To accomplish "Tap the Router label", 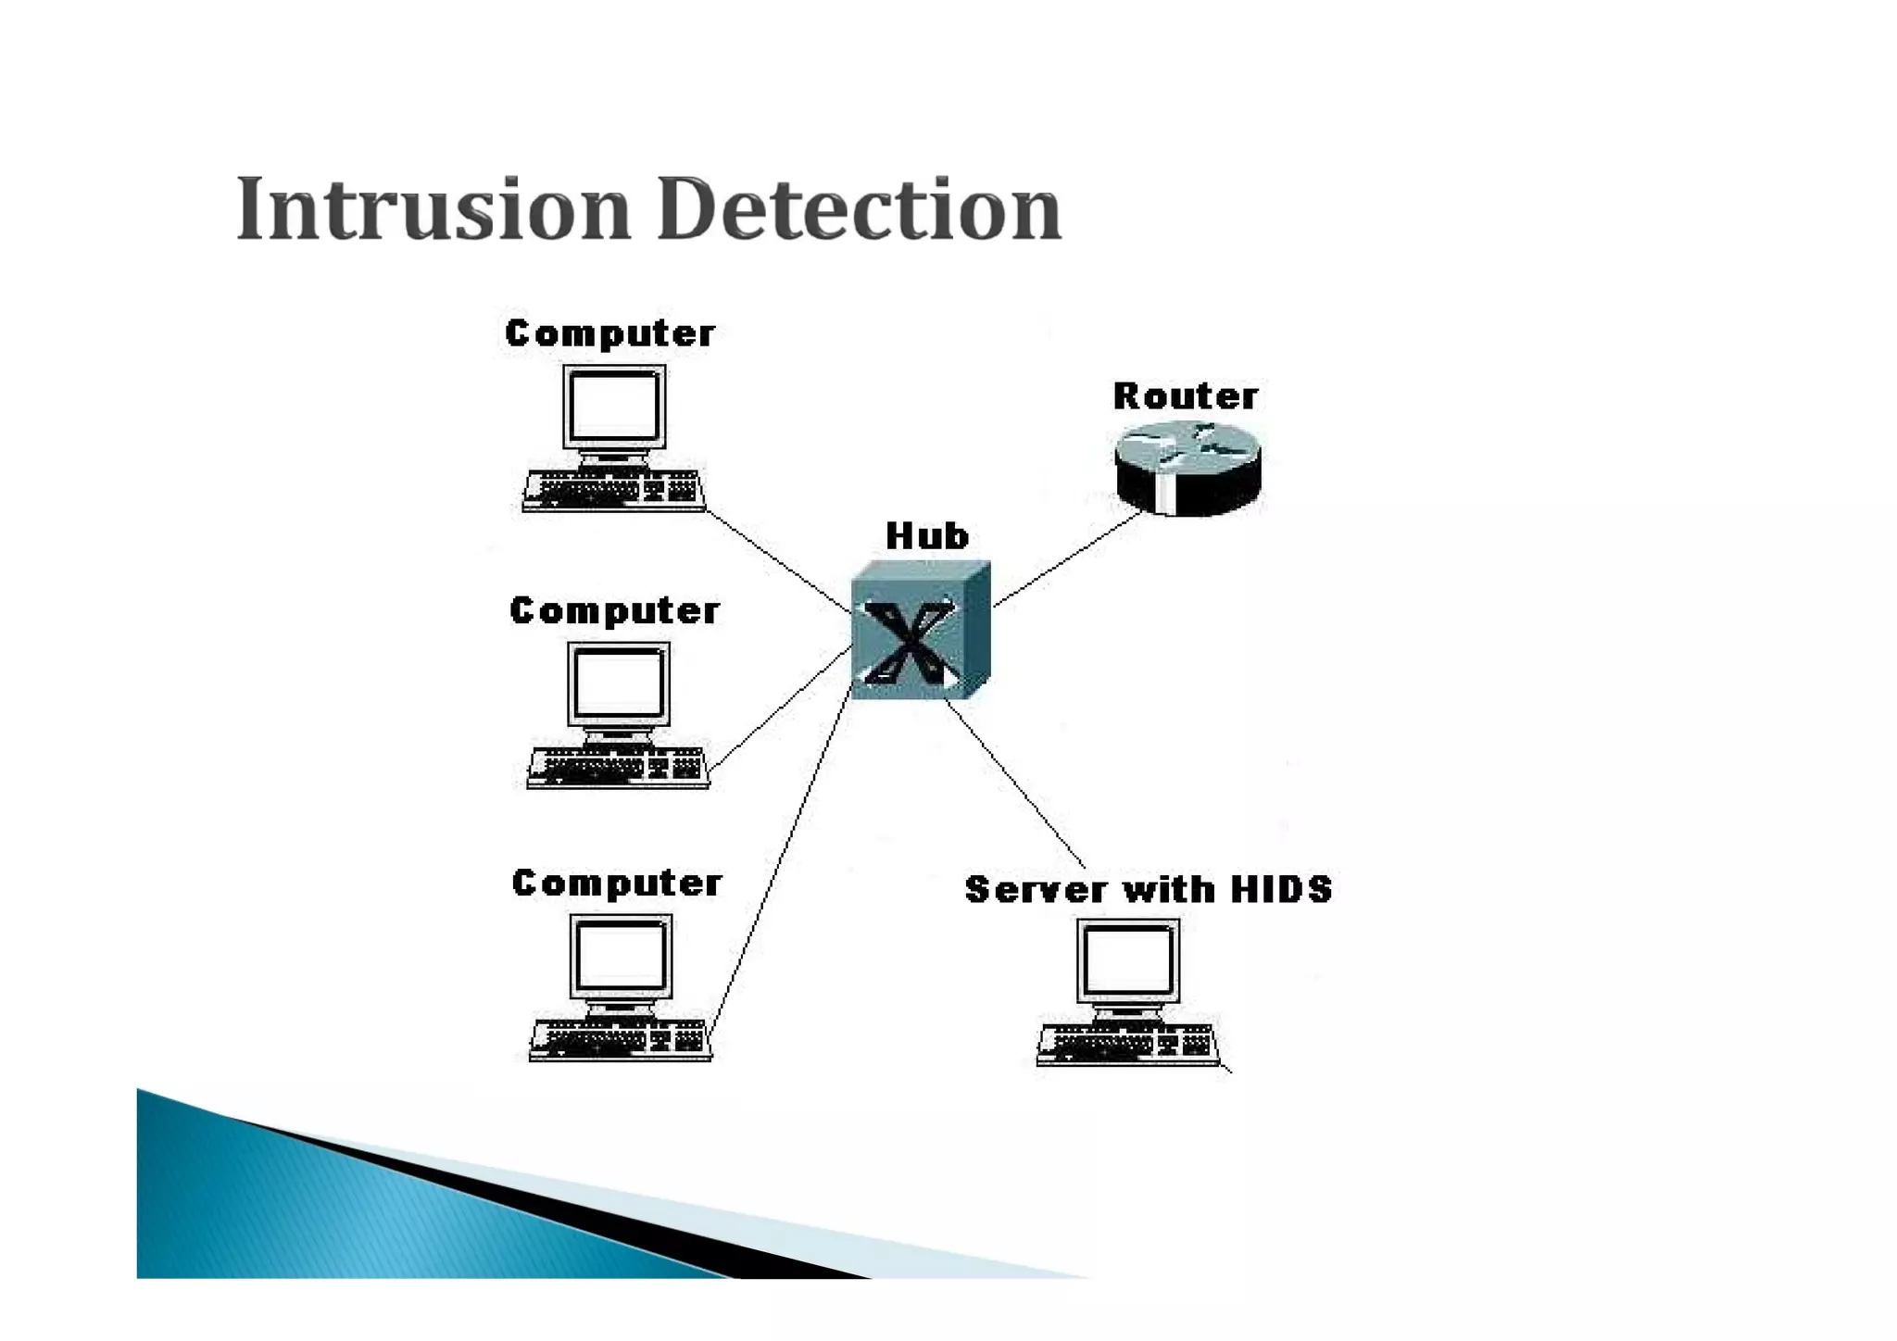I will pos(1185,396).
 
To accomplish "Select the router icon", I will pos(1187,468).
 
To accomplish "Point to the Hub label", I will pos(926,536).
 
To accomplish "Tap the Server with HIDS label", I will pos(1148,889).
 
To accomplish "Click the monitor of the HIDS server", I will pos(1128,960).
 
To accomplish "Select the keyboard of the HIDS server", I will pos(1128,1044).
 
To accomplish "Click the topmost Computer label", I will pos(609,333).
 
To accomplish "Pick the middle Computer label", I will pos(614,611).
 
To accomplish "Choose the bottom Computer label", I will pos(617,884).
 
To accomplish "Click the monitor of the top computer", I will pos(614,407).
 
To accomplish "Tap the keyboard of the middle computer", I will pos(618,767).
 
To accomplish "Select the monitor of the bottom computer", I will pos(621,958).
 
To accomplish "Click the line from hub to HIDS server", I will pos(1014,783).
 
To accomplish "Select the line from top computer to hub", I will pos(778,560).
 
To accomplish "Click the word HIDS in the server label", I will pos(1281,889).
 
